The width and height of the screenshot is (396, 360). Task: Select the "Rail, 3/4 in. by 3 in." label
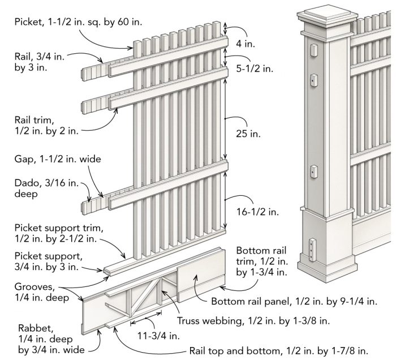coord(38,62)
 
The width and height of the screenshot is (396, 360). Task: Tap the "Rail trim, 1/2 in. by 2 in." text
coord(46,125)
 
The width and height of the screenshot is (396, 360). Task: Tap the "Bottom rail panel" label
coord(294,302)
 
